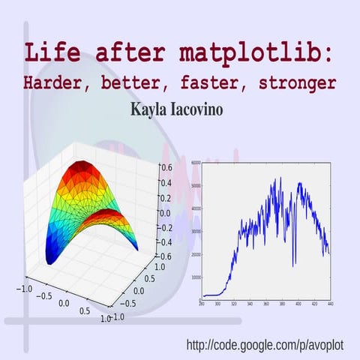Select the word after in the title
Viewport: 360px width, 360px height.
[123, 55]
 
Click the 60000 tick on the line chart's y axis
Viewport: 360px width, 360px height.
[195, 162]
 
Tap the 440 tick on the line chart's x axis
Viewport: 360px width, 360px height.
[330, 304]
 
